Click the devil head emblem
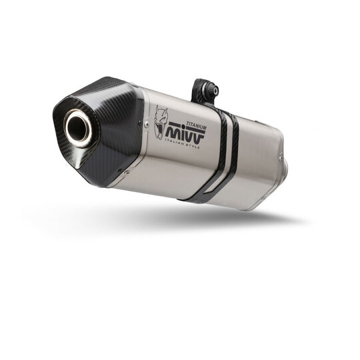[x=159, y=122]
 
